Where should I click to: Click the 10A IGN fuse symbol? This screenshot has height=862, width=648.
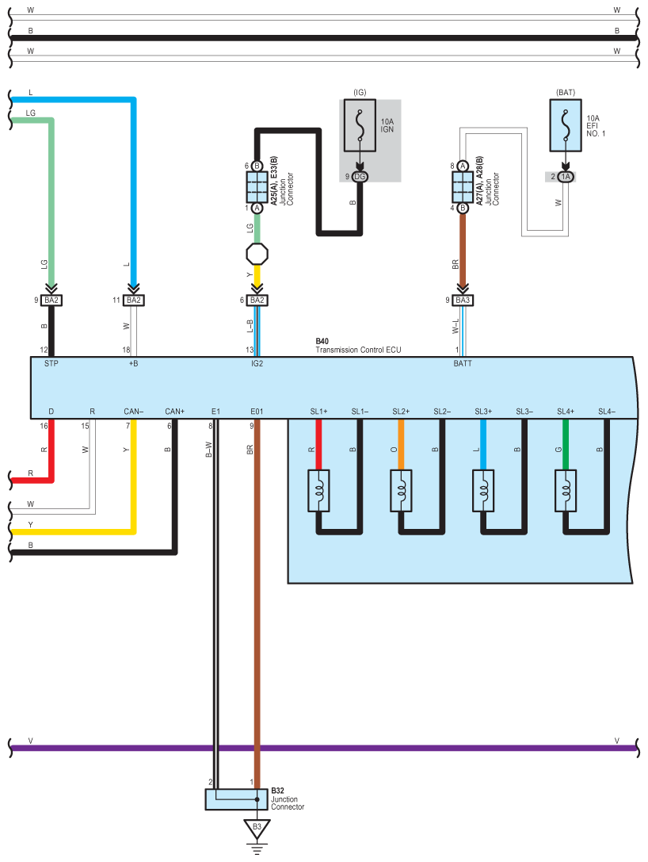click(x=360, y=125)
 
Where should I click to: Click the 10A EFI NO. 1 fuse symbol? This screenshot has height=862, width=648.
click(x=566, y=125)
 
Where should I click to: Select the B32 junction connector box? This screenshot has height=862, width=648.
click(x=237, y=799)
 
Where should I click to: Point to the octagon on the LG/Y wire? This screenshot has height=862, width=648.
click(x=257, y=254)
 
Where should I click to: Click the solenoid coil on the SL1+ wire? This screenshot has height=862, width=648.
click(x=318, y=490)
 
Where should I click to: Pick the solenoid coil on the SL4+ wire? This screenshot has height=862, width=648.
click(x=566, y=490)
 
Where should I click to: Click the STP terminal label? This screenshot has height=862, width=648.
click(x=51, y=363)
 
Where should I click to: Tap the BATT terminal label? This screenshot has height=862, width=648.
click(x=463, y=363)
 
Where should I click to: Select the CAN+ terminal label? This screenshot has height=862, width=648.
click(x=174, y=412)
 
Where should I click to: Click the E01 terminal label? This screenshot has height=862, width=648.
click(x=257, y=412)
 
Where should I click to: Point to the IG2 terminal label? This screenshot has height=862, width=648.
click(x=257, y=363)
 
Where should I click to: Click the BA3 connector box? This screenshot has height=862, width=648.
click(x=463, y=301)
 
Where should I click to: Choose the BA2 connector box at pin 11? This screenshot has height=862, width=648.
click(x=133, y=301)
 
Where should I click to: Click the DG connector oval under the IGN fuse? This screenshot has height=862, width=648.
click(x=360, y=177)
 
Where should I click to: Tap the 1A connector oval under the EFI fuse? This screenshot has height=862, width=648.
click(x=566, y=177)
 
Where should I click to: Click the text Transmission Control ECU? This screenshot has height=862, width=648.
click(x=358, y=350)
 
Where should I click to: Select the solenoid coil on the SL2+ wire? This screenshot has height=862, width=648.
click(x=401, y=490)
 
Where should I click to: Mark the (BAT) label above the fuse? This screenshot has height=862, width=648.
click(x=566, y=92)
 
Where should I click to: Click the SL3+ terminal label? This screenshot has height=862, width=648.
click(x=483, y=412)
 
